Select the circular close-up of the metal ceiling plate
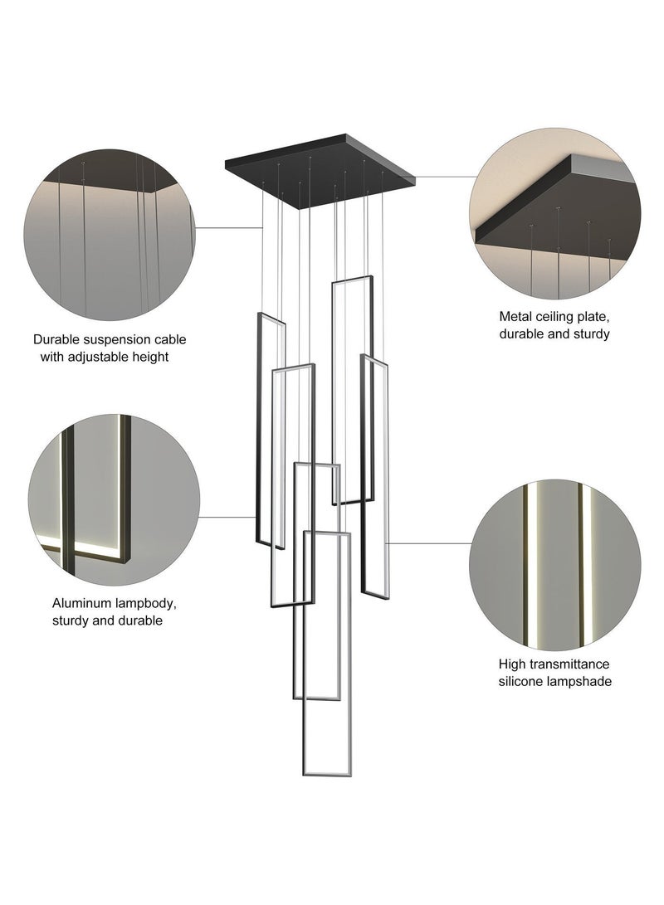555,213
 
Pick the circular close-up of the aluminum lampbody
115,500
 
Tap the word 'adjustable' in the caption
98,357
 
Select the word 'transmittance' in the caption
569,664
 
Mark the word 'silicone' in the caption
520,682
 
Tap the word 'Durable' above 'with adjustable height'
54,340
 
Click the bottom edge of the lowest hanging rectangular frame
326,773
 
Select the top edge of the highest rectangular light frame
352,280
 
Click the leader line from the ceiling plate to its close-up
445,177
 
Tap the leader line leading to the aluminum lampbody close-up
227,517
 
